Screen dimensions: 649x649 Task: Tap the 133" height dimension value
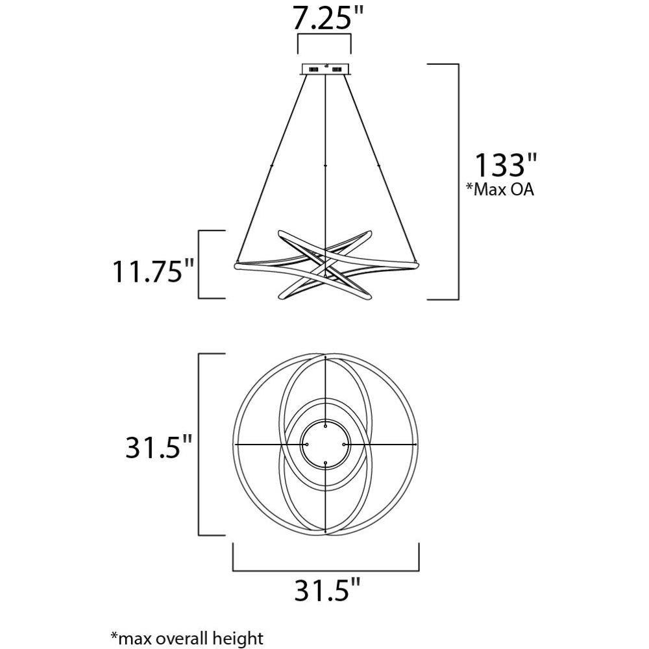click(505, 165)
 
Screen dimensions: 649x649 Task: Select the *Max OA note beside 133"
click(500, 189)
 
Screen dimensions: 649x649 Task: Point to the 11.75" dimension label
click(153, 271)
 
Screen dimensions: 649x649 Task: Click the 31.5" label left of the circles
click(158, 447)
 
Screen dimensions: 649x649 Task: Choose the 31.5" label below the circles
click(327, 589)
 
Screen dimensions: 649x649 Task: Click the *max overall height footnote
click(187, 638)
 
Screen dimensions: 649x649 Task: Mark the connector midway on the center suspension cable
click(325, 165)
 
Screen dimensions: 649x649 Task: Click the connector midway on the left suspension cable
click(271, 166)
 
